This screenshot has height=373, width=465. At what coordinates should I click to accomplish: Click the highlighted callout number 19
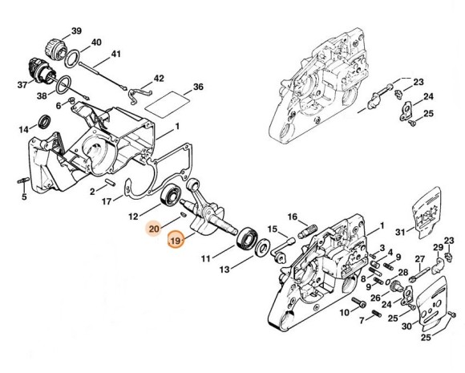(x=176, y=241)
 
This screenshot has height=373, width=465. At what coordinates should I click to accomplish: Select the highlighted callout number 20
(x=154, y=229)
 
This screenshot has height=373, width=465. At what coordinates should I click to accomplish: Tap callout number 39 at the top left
(x=76, y=30)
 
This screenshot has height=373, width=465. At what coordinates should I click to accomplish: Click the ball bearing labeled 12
(x=171, y=195)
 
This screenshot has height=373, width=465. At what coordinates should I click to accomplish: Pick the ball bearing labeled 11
(x=246, y=238)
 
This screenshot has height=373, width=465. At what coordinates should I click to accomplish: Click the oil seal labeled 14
(x=45, y=121)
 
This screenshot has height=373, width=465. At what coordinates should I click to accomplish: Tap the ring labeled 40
(x=72, y=59)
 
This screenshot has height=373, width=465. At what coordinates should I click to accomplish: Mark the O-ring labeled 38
(x=63, y=85)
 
